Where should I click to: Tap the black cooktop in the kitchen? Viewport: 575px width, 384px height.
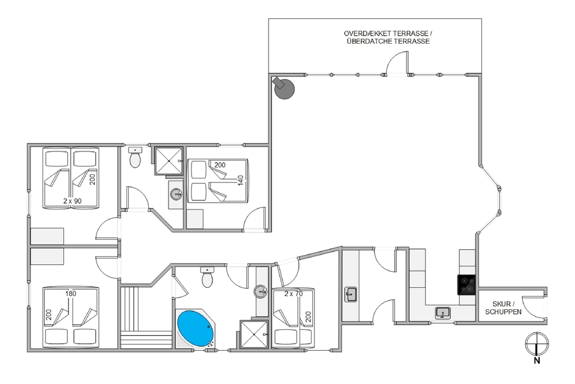(466, 284)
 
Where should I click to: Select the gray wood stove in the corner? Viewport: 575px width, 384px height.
(283, 88)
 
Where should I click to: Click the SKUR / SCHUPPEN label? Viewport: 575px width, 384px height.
(503, 307)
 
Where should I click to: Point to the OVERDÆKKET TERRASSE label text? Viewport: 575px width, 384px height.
(388, 33)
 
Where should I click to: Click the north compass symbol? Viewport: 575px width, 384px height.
(537, 344)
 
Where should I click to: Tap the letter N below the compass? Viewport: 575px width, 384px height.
(537, 360)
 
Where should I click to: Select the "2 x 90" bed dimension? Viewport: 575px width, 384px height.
(72, 201)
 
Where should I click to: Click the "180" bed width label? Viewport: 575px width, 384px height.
(71, 293)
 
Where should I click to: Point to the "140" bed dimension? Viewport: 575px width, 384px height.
(240, 180)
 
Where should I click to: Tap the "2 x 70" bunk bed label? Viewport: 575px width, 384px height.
(293, 294)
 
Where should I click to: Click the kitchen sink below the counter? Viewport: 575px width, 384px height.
(443, 313)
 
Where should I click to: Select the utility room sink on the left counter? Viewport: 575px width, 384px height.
(351, 294)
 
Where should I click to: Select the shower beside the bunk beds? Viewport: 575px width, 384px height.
(254, 334)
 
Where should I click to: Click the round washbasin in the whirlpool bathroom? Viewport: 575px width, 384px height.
(260, 291)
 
